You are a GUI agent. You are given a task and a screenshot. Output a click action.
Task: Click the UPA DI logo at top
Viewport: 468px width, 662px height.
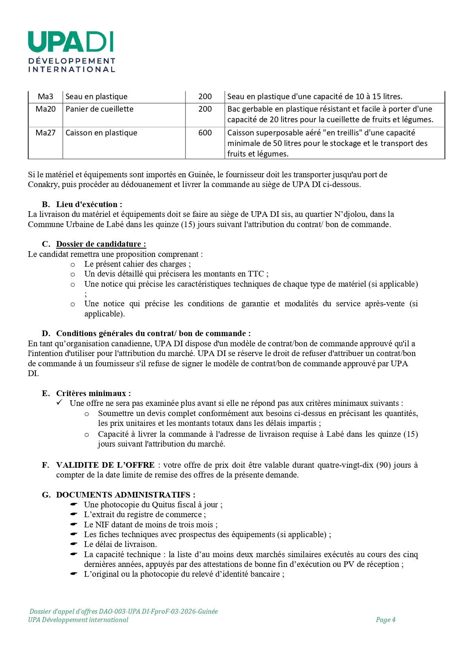pos(71,51)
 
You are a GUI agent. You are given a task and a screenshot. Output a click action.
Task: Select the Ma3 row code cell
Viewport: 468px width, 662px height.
pos(46,97)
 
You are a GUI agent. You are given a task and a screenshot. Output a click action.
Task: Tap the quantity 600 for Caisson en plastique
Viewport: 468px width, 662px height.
pos(205,133)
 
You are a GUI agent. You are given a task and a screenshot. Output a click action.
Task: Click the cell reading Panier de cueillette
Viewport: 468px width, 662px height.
pos(100,109)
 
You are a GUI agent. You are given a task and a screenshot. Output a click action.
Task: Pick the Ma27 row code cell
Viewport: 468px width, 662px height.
pos(46,133)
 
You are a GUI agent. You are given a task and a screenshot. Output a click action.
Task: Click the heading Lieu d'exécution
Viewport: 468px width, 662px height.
pos(89,204)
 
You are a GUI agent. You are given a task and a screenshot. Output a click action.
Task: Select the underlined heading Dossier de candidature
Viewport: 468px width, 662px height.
pos(101,244)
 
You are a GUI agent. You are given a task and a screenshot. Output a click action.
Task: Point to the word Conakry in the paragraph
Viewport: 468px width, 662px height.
pos(43,184)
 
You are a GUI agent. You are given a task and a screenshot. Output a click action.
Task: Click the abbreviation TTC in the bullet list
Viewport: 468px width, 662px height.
pos(256,274)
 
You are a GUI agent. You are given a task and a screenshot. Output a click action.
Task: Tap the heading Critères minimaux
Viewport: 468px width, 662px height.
pos(93,393)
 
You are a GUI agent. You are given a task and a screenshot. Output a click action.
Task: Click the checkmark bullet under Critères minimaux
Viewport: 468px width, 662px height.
pos(60,403)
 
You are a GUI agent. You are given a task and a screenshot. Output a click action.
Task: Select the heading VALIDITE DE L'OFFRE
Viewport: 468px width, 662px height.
pos(105,465)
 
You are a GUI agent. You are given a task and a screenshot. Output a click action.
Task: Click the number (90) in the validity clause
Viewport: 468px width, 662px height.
pos(383,465)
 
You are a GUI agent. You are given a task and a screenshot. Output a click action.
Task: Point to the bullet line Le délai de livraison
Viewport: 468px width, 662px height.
pos(120,544)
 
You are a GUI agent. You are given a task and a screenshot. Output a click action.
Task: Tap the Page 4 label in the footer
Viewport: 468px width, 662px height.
pos(385,620)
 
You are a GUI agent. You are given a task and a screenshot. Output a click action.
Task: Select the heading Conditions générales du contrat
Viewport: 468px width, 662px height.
pos(153,333)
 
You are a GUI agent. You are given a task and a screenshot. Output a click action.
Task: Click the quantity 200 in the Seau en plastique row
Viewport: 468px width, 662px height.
pos(205,97)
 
